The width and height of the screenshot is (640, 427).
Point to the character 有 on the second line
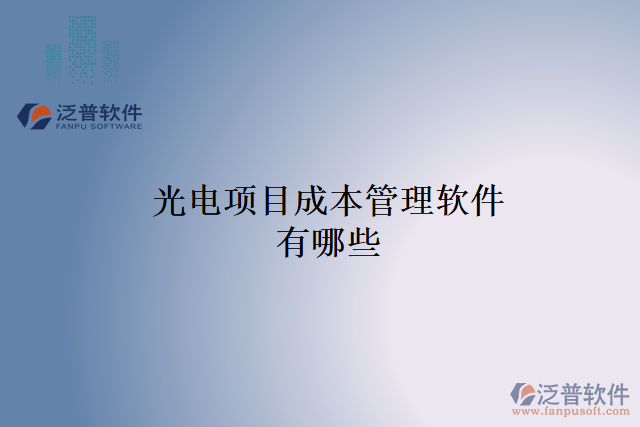pos(294,242)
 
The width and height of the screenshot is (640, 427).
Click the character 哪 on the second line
pos(329,242)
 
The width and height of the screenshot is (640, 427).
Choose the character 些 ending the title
pos(364,242)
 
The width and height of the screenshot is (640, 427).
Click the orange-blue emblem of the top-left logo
pos(35,116)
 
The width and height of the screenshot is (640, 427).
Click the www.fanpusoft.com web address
pos(570,411)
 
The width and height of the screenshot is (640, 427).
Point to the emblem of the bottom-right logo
pos(523,393)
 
